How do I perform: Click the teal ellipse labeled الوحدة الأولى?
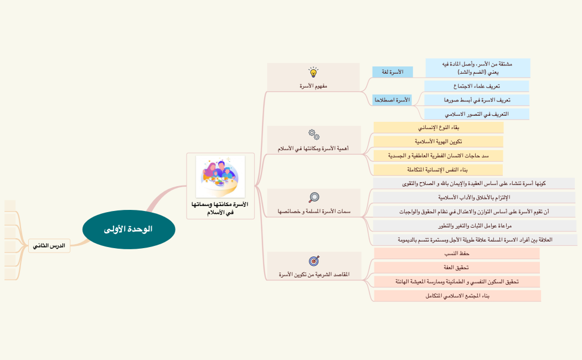click(128, 229)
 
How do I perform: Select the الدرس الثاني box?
click(49, 245)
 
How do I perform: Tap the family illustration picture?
click(220, 176)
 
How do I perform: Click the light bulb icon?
click(313, 73)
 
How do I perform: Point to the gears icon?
click(313, 135)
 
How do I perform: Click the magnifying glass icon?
click(313, 198)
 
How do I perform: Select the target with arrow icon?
click(313, 260)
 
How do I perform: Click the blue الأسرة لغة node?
click(395, 73)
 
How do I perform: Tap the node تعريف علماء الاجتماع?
click(477, 86)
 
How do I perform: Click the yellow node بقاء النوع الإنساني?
click(439, 128)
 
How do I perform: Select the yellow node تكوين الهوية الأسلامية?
click(439, 142)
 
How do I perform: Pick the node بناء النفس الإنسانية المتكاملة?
click(438, 169)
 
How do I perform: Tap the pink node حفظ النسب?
click(457, 254)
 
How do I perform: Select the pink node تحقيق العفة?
click(457, 268)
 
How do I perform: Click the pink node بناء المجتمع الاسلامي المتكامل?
click(457, 296)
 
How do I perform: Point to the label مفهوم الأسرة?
click(313, 86)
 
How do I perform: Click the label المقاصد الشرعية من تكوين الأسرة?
click(314, 274)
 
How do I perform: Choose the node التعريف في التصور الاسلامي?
click(477, 114)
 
